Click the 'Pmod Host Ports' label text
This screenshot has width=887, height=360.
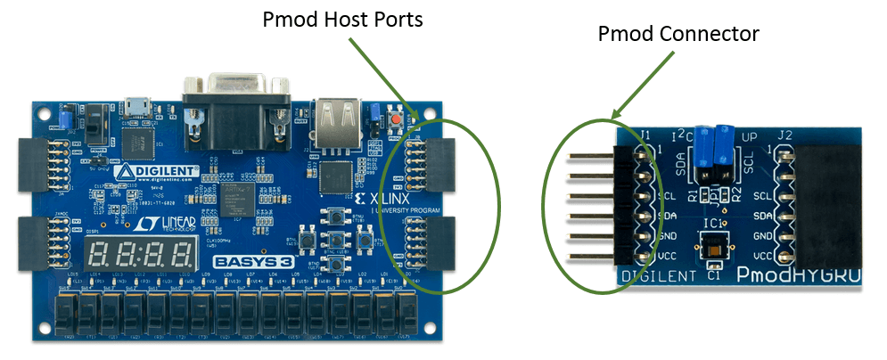[342, 20]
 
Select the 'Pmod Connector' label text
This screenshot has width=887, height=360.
[678, 34]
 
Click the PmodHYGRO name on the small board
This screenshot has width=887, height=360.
[797, 276]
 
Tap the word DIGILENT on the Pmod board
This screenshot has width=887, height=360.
[659, 276]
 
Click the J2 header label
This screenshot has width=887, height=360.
[785, 136]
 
